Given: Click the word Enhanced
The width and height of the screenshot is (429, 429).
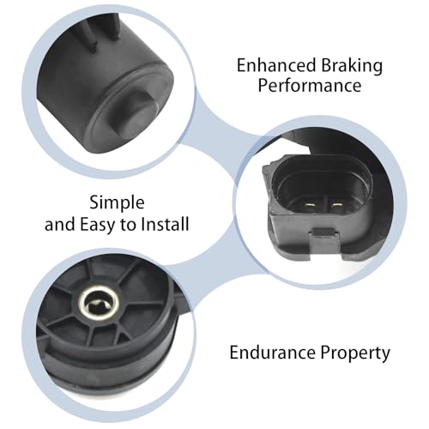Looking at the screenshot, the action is pos(276,65).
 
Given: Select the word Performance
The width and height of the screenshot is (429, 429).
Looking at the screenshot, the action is pos(310,86).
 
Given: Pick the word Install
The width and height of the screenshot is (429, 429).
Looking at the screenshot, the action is pos(165,224).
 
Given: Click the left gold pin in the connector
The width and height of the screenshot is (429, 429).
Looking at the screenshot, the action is pos(309,204).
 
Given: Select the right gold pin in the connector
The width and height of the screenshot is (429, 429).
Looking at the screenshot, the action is pos(335,204).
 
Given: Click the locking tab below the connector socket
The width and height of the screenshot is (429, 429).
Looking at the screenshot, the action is pos(323,243).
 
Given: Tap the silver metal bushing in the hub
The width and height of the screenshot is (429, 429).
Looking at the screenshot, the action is pos(98,304).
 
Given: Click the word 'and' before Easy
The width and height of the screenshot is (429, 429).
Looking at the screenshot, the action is pos(60,224).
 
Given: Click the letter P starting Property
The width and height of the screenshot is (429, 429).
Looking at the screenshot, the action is pos(325,353).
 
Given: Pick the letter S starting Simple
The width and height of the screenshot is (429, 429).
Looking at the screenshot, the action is pos(94,202).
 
